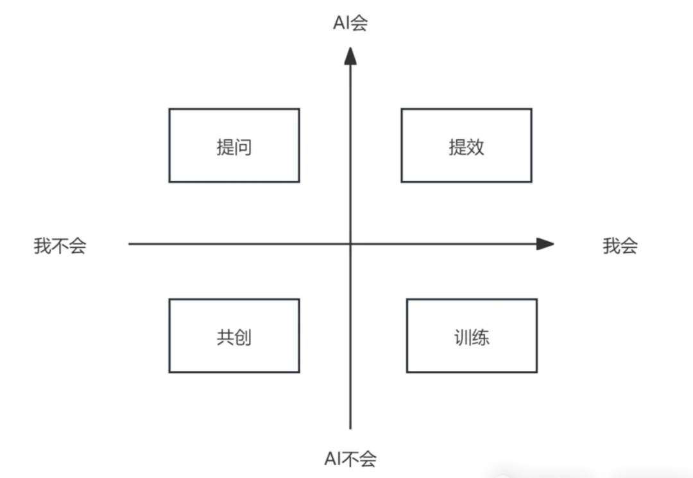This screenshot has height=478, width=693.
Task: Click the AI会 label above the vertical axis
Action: [x=350, y=23]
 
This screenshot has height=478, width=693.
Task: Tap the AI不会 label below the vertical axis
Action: [x=350, y=459]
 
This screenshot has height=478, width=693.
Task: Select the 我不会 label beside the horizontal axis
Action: [x=60, y=246]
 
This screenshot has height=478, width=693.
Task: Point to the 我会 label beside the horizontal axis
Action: [x=620, y=246]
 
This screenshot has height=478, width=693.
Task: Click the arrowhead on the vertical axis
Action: [x=350, y=56]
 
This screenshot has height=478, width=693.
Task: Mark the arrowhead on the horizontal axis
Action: [x=545, y=244]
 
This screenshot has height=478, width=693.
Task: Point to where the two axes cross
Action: [x=350, y=244]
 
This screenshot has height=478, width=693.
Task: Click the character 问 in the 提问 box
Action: [x=243, y=147]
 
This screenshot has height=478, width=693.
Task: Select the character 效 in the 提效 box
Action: [x=475, y=147]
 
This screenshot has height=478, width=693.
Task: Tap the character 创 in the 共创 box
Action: [x=243, y=337]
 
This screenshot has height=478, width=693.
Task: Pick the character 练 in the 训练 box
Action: [x=481, y=337]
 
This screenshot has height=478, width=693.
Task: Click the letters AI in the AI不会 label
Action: [x=332, y=459]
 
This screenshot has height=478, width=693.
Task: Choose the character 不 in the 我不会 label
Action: [x=60, y=246]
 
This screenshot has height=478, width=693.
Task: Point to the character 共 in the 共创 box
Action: [x=225, y=337]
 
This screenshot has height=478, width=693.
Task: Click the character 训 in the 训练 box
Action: [x=463, y=337]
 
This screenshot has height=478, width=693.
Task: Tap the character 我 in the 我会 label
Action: [x=612, y=246]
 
